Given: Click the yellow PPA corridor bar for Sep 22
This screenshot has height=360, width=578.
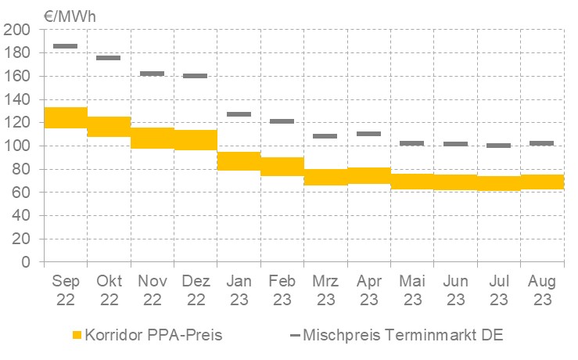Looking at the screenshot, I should pyautogui.click(x=66, y=117).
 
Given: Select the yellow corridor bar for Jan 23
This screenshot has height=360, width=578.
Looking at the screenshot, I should pyautogui.click(x=239, y=160).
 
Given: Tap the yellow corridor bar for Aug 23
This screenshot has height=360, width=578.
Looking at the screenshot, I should pyautogui.click(x=541, y=182).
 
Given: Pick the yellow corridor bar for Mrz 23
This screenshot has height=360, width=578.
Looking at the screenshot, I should pyautogui.click(x=325, y=177).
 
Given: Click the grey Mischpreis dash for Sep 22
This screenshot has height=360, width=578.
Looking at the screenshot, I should pyautogui.click(x=66, y=46).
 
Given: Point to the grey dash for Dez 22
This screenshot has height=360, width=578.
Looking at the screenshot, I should pyautogui.click(x=196, y=76).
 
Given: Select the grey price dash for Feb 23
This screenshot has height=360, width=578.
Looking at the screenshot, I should pyautogui.click(x=282, y=121).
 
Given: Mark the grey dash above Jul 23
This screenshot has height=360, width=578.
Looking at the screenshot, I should pyautogui.click(x=498, y=146).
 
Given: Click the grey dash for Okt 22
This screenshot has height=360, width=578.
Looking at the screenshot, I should pyautogui.click(x=109, y=58).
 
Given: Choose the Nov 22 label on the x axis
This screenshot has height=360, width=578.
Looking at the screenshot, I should pyautogui.click(x=152, y=290).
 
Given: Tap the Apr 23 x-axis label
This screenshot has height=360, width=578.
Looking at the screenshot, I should pyautogui.click(x=368, y=290).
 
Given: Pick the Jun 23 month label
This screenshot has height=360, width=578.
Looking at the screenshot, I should pyautogui.click(x=455, y=290).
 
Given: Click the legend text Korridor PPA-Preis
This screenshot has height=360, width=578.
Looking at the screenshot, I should pyautogui.click(x=153, y=336).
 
